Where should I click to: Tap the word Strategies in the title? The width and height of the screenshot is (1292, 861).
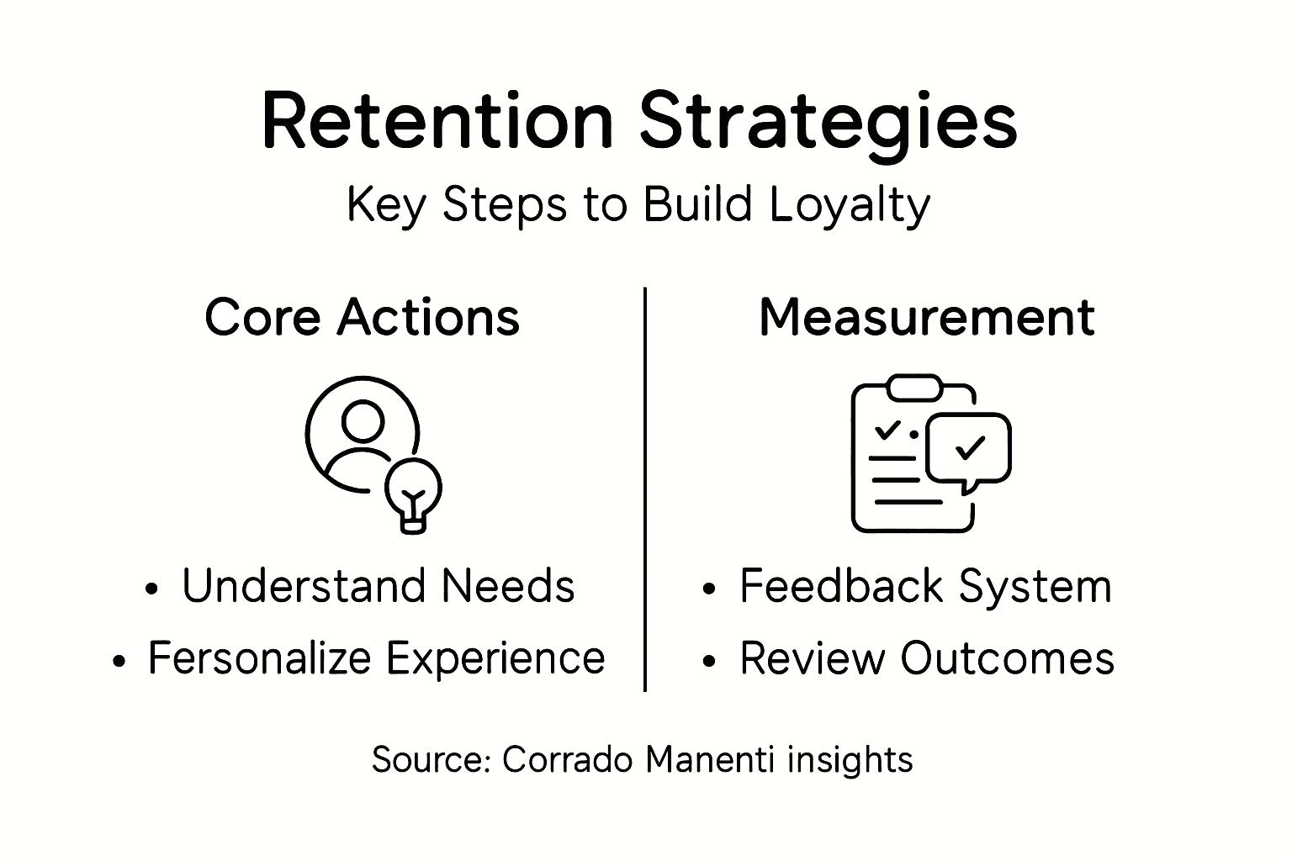(828, 122)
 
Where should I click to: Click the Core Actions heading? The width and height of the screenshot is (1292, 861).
(362, 318)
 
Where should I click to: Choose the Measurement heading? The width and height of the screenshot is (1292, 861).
(926, 318)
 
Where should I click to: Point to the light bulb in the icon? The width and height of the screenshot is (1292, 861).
(413, 494)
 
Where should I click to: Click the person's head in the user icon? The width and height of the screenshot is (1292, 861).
(363, 420)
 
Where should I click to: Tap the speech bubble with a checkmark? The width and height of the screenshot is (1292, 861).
(969, 449)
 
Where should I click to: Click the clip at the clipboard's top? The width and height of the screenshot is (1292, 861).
(913, 388)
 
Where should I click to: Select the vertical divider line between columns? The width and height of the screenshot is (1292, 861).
(645, 488)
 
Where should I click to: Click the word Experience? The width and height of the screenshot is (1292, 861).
(495, 658)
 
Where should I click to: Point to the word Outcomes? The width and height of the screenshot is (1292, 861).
(1008, 658)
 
